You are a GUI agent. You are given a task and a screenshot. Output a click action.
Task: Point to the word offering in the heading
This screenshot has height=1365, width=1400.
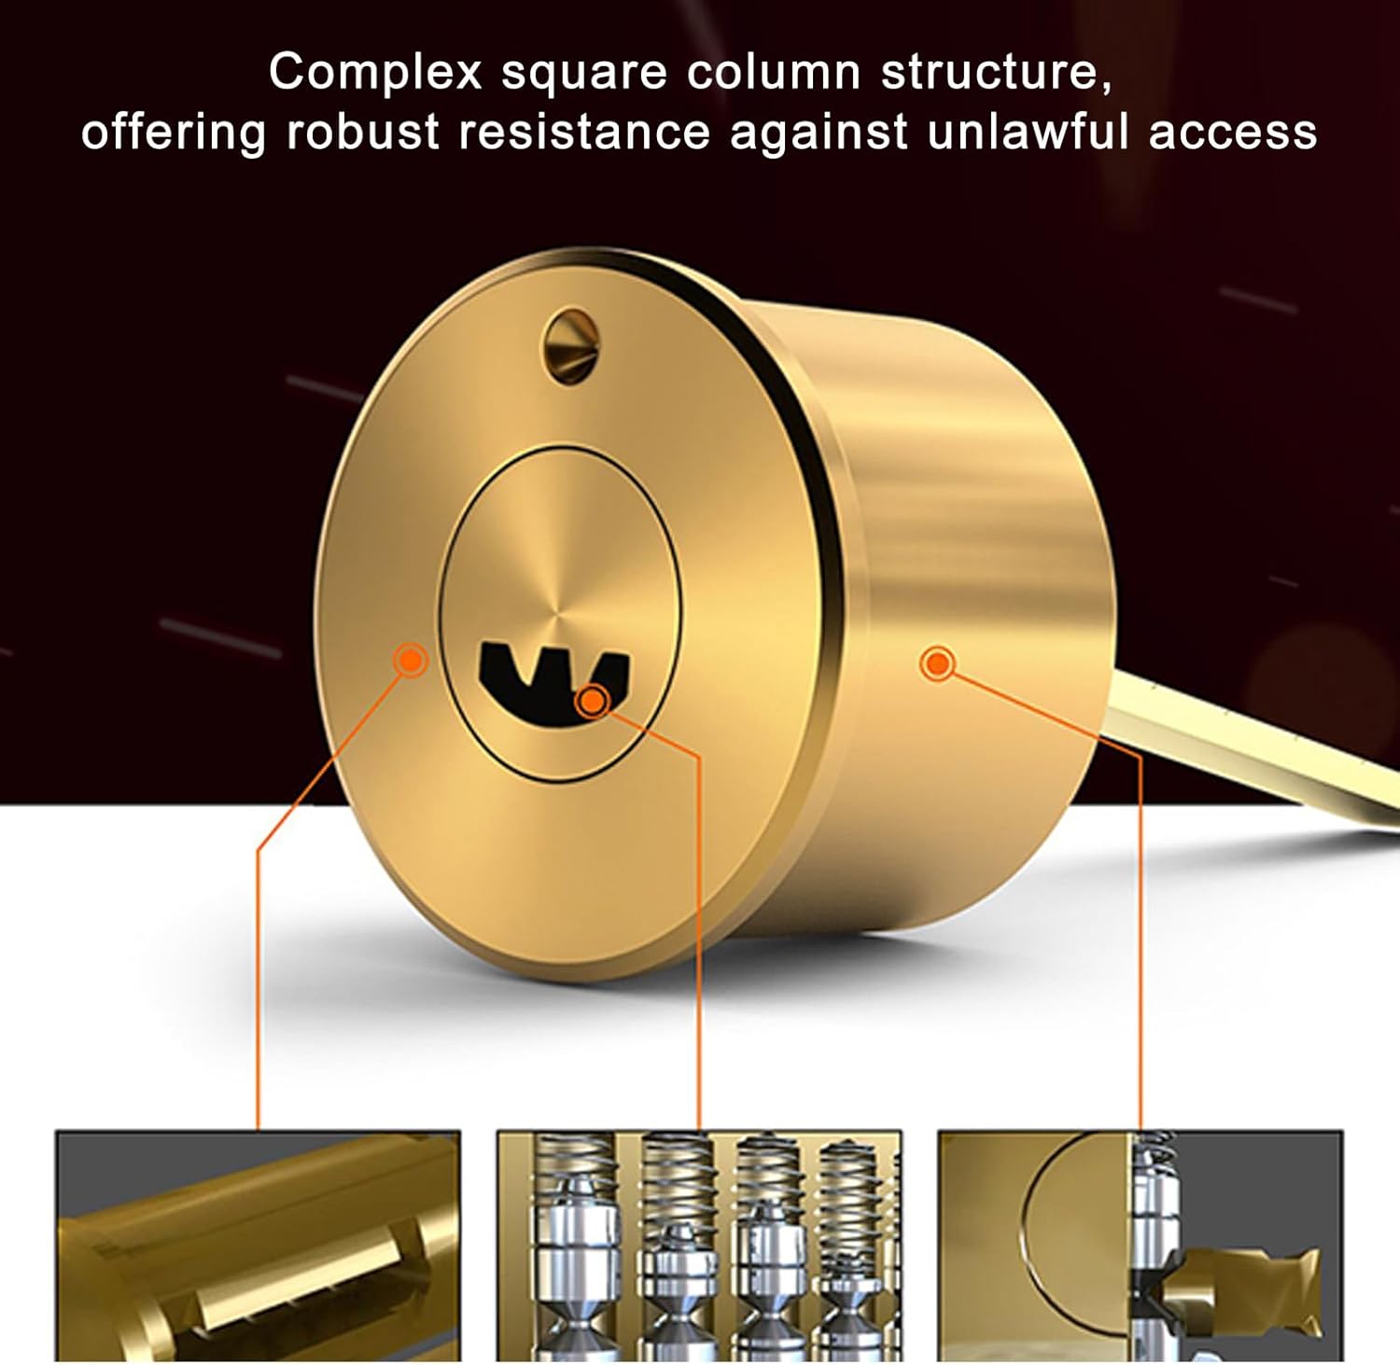(173, 131)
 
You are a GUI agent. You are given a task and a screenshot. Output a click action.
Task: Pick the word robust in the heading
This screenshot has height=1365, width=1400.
(362, 131)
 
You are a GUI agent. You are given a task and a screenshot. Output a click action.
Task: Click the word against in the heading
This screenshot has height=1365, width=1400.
(819, 131)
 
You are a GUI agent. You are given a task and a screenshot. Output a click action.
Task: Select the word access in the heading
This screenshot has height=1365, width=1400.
(1233, 131)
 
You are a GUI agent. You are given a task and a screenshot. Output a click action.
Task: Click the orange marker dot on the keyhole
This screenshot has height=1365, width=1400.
(592, 700)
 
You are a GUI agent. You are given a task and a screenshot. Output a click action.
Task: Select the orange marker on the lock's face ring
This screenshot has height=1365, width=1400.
(410, 660)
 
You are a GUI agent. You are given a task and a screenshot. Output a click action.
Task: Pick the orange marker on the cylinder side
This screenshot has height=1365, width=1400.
(937, 664)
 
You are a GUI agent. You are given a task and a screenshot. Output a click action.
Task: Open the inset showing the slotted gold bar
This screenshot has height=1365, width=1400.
(258, 1246)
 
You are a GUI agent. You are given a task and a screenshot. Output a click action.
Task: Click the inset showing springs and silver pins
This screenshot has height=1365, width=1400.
(698, 1246)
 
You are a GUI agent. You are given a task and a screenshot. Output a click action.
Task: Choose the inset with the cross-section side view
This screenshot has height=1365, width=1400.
(1140, 1246)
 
